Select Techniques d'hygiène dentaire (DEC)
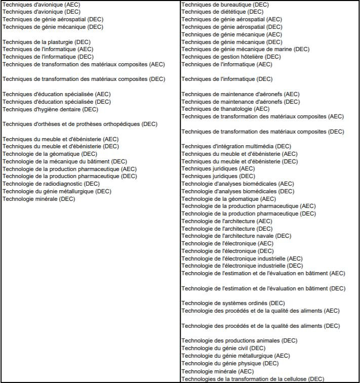click(x=51, y=109)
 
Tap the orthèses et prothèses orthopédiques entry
click(x=80, y=124)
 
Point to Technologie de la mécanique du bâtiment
click(x=65, y=161)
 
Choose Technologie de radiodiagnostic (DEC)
click(x=51, y=184)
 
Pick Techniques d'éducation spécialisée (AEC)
click(x=57, y=94)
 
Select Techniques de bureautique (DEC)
click(x=225, y=5)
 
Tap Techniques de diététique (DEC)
click(x=222, y=12)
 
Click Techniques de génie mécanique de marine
click(x=245, y=49)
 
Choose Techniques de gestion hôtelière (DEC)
click(x=231, y=57)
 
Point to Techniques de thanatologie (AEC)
click(x=225, y=109)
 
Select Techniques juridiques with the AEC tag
click(x=218, y=168)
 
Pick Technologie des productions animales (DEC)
click(x=239, y=341)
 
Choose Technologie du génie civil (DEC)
click(x=223, y=348)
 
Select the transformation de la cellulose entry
click(x=252, y=379)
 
